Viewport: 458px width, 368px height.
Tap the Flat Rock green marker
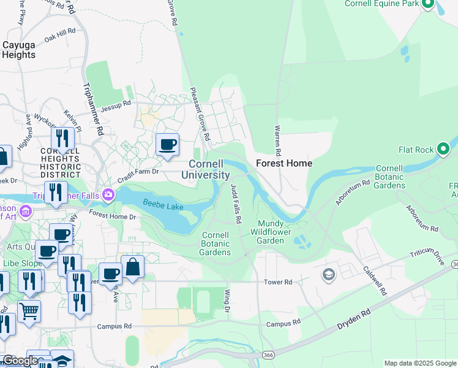point(443,149)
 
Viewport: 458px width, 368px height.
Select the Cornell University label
point(209,169)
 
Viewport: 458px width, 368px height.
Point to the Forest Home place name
point(283,163)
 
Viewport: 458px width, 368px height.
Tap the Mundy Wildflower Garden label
point(270,232)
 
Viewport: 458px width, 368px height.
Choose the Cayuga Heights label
point(18,50)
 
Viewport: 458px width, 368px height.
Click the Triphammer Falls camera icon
point(108,194)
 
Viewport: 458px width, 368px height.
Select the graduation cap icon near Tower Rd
point(329,274)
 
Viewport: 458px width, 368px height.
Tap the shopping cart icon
point(28,311)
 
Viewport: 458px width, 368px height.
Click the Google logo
point(20,361)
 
